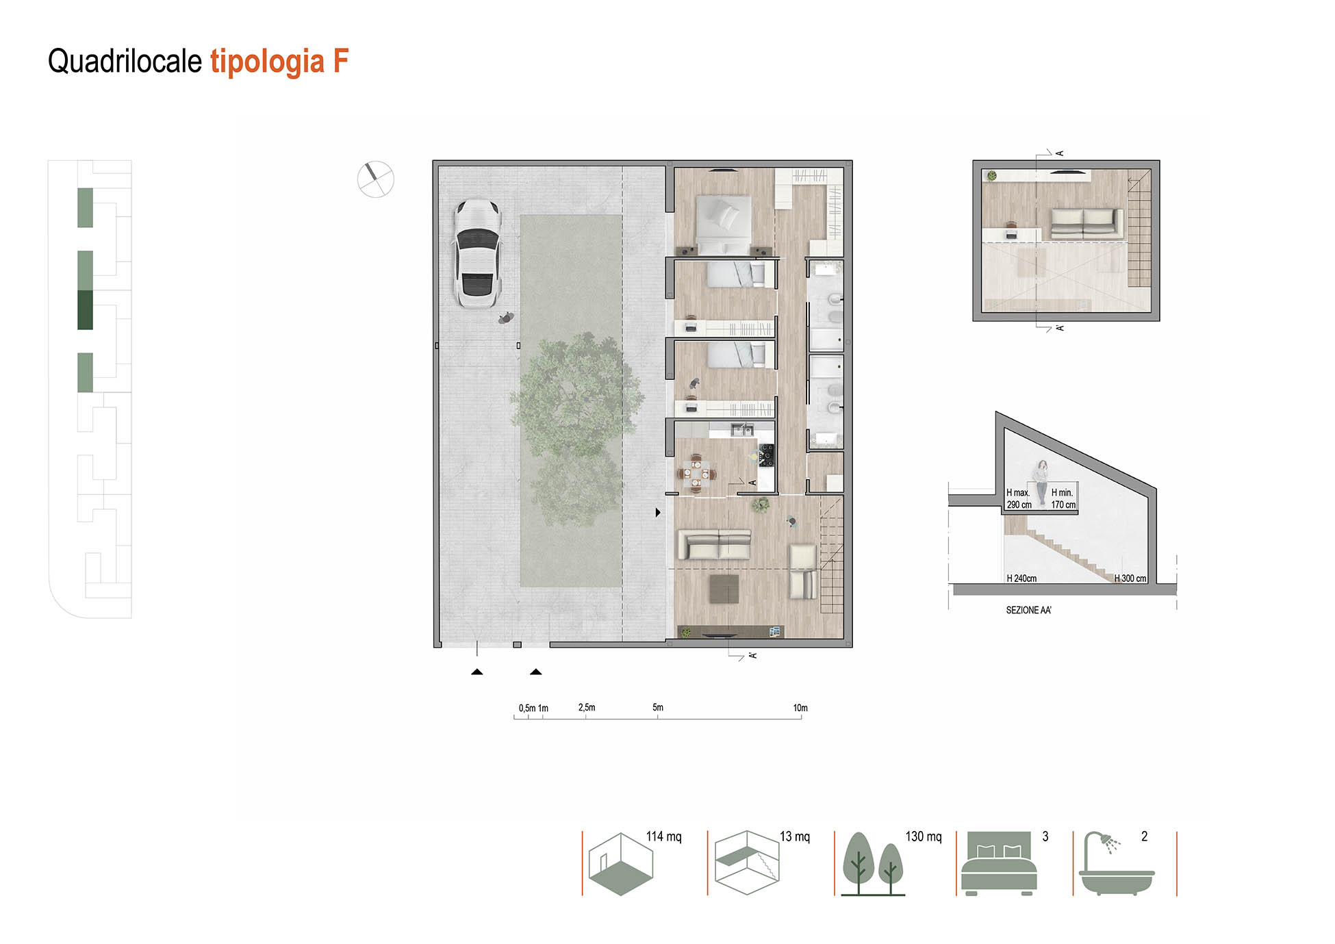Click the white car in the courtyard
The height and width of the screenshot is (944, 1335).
[477, 254]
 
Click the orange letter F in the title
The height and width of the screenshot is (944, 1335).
[341, 61]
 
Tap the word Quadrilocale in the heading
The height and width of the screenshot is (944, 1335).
[125, 61]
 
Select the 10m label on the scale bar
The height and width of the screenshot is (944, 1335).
[800, 708]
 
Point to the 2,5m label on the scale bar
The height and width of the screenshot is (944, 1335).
[587, 707]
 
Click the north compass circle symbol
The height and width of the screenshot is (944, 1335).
[376, 179]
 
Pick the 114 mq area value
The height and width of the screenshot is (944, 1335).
[663, 837]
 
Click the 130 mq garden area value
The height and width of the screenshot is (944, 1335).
[924, 837]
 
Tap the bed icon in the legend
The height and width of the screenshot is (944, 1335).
[999, 863]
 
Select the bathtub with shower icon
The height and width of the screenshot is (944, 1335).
[1116, 864]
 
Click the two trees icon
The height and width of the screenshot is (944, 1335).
[873, 864]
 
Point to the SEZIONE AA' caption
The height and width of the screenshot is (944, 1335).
[1028, 610]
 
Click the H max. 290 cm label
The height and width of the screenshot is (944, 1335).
[1019, 498]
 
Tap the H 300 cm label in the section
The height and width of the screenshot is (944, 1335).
[1130, 578]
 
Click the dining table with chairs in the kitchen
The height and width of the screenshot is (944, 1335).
[696, 473]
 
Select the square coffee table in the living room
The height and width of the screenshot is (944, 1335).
[724, 589]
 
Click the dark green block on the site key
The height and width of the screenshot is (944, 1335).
[85, 310]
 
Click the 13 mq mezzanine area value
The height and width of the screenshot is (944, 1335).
[794, 837]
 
